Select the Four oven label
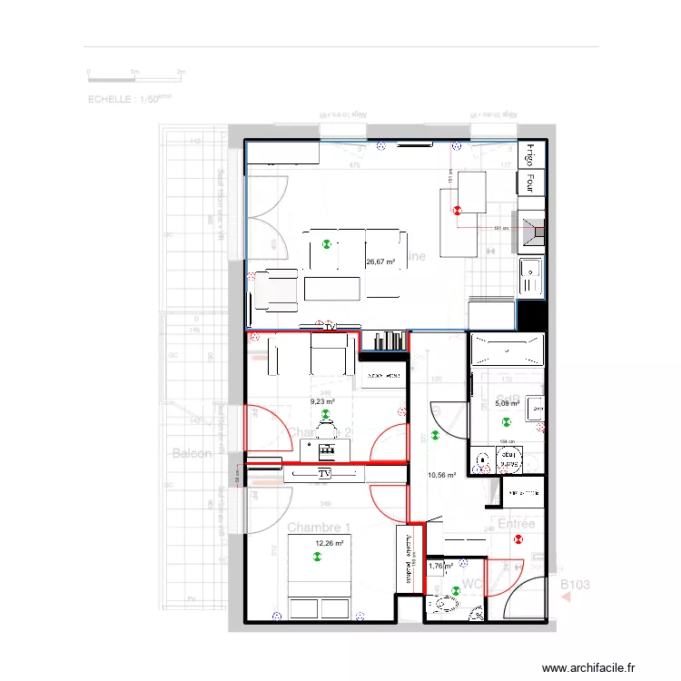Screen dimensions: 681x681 coord(527,183)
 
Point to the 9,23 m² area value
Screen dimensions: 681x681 coord(322,401)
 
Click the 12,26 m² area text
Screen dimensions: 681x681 coord(328,544)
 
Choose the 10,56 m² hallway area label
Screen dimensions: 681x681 coord(440,475)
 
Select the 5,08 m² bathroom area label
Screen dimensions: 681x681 coord(507,404)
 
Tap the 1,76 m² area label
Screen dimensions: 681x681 coord(440,566)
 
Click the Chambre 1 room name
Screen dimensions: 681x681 coord(318,528)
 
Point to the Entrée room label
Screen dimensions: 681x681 coord(517,524)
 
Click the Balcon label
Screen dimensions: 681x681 coord(192,452)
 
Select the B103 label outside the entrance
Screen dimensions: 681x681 coord(574,586)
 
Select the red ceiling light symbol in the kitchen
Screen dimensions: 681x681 coord(457,210)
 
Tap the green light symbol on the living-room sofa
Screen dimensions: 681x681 coord(327,243)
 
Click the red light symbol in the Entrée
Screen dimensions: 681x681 coord(518,539)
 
